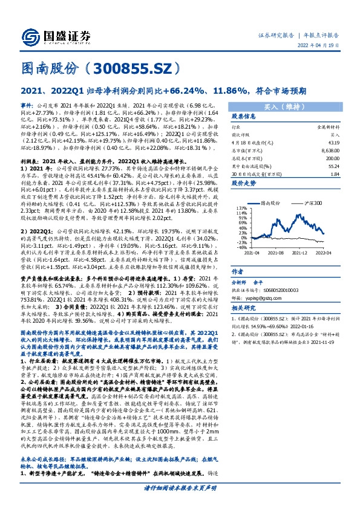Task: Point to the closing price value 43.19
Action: (335, 142)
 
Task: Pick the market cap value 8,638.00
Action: (331, 149)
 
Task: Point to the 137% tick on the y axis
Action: (240, 207)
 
